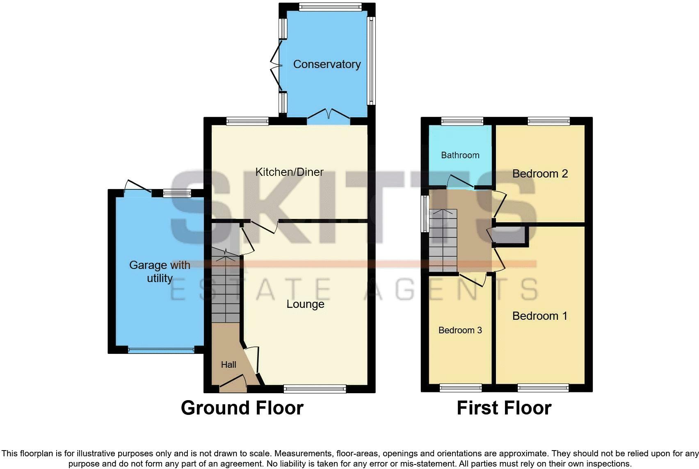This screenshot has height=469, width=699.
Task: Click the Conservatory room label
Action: [327, 64]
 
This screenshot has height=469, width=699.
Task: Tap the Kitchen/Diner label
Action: [289, 172]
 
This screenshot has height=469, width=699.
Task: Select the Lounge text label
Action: [305, 304]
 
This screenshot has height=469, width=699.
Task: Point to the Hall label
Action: [228, 364]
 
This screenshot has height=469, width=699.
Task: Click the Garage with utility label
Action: [160, 271]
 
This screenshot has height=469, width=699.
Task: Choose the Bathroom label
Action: [460, 155]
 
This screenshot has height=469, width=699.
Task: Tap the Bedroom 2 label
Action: [540, 174]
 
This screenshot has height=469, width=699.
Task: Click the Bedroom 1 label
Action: [540, 316]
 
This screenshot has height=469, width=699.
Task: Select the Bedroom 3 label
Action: [460, 330]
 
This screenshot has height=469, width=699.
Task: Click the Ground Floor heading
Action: [242, 408]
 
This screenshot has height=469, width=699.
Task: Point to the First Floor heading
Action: [504, 408]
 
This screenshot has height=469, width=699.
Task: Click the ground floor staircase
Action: [226, 289]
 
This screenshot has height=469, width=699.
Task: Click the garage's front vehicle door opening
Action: [161, 351]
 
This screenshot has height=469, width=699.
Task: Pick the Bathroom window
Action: [462, 121]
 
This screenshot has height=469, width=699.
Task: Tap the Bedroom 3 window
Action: [460, 388]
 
